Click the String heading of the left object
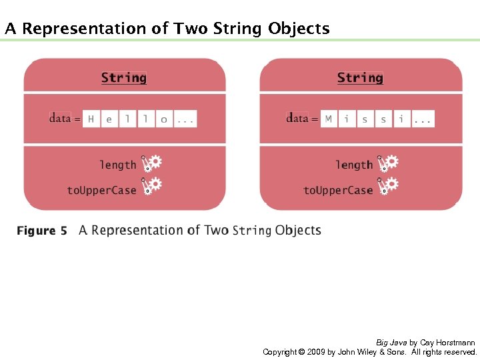click(x=123, y=77)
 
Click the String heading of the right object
click(x=360, y=77)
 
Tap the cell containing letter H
click(x=91, y=119)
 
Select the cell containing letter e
click(x=109, y=119)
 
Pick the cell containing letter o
click(x=164, y=119)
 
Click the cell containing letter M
click(x=328, y=119)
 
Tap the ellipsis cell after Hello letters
click(x=185, y=119)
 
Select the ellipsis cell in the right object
click(x=423, y=119)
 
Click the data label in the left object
click(x=60, y=118)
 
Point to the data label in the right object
click(x=297, y=118)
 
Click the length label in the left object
click(x=117, y=165)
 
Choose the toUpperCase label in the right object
click(x=338, y=190)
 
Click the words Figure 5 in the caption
click(x=41, y=231)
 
